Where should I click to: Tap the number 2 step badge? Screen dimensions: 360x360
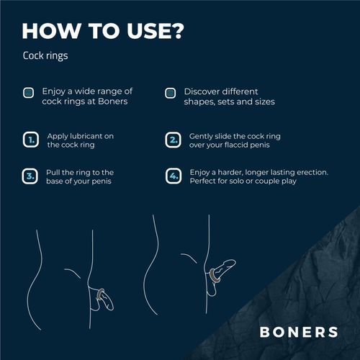tap(172, 140)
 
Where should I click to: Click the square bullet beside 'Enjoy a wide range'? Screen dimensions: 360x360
tap(28, 93)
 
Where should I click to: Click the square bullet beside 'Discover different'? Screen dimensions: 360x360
tap(171, 93)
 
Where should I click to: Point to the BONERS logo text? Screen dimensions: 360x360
tap(298, 332)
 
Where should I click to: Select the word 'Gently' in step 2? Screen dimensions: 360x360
tap(202, 135)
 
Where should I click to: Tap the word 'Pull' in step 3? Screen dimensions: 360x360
tap(55, 173)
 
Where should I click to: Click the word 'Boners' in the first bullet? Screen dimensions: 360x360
tap(116, 102)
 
